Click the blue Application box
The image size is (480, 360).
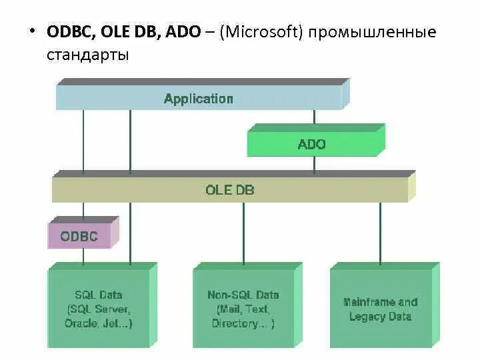(x=199, y=99)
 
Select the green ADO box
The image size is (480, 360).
(x=311, y=144)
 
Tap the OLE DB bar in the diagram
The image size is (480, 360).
(x=229, y=190)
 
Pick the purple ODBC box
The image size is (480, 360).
(x=79, y=236)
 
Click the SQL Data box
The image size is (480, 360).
(x=99, y=309)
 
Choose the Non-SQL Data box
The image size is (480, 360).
(x=243, y=309)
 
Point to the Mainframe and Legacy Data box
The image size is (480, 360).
(x=380, y=309)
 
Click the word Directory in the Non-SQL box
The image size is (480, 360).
(x=235, y=323)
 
